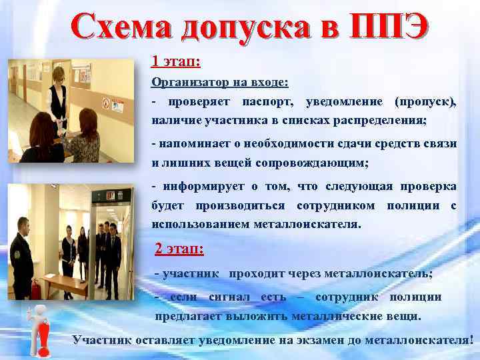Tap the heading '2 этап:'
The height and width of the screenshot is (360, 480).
(179, 249)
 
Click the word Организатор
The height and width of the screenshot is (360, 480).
(188, 83)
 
